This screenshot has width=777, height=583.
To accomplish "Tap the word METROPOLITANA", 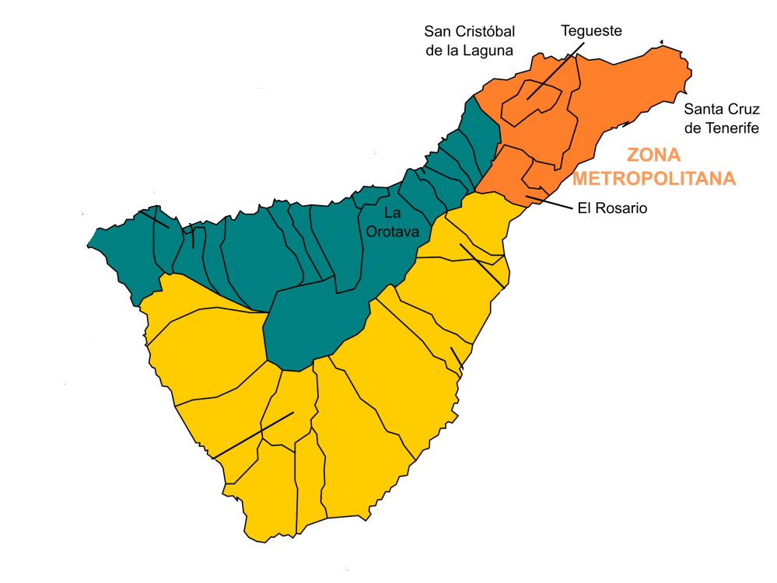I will click(x=653, y=178).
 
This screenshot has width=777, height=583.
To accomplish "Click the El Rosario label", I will click(x=612, y=208).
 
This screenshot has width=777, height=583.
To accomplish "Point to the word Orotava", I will click(x=393, y=232).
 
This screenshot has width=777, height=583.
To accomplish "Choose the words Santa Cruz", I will click(x=722, y=110).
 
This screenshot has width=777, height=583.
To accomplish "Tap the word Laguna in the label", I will click(x=489, y=51).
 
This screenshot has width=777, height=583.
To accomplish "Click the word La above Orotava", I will click(x=393, y=212).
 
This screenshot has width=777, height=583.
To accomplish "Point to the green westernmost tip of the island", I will click(x=89, y=246).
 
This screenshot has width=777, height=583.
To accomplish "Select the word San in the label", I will click(x=437, y=31).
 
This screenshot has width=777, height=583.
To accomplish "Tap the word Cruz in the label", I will click(x=744, y=110).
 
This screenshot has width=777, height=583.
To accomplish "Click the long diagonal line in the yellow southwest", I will click(x=254, y=435).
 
